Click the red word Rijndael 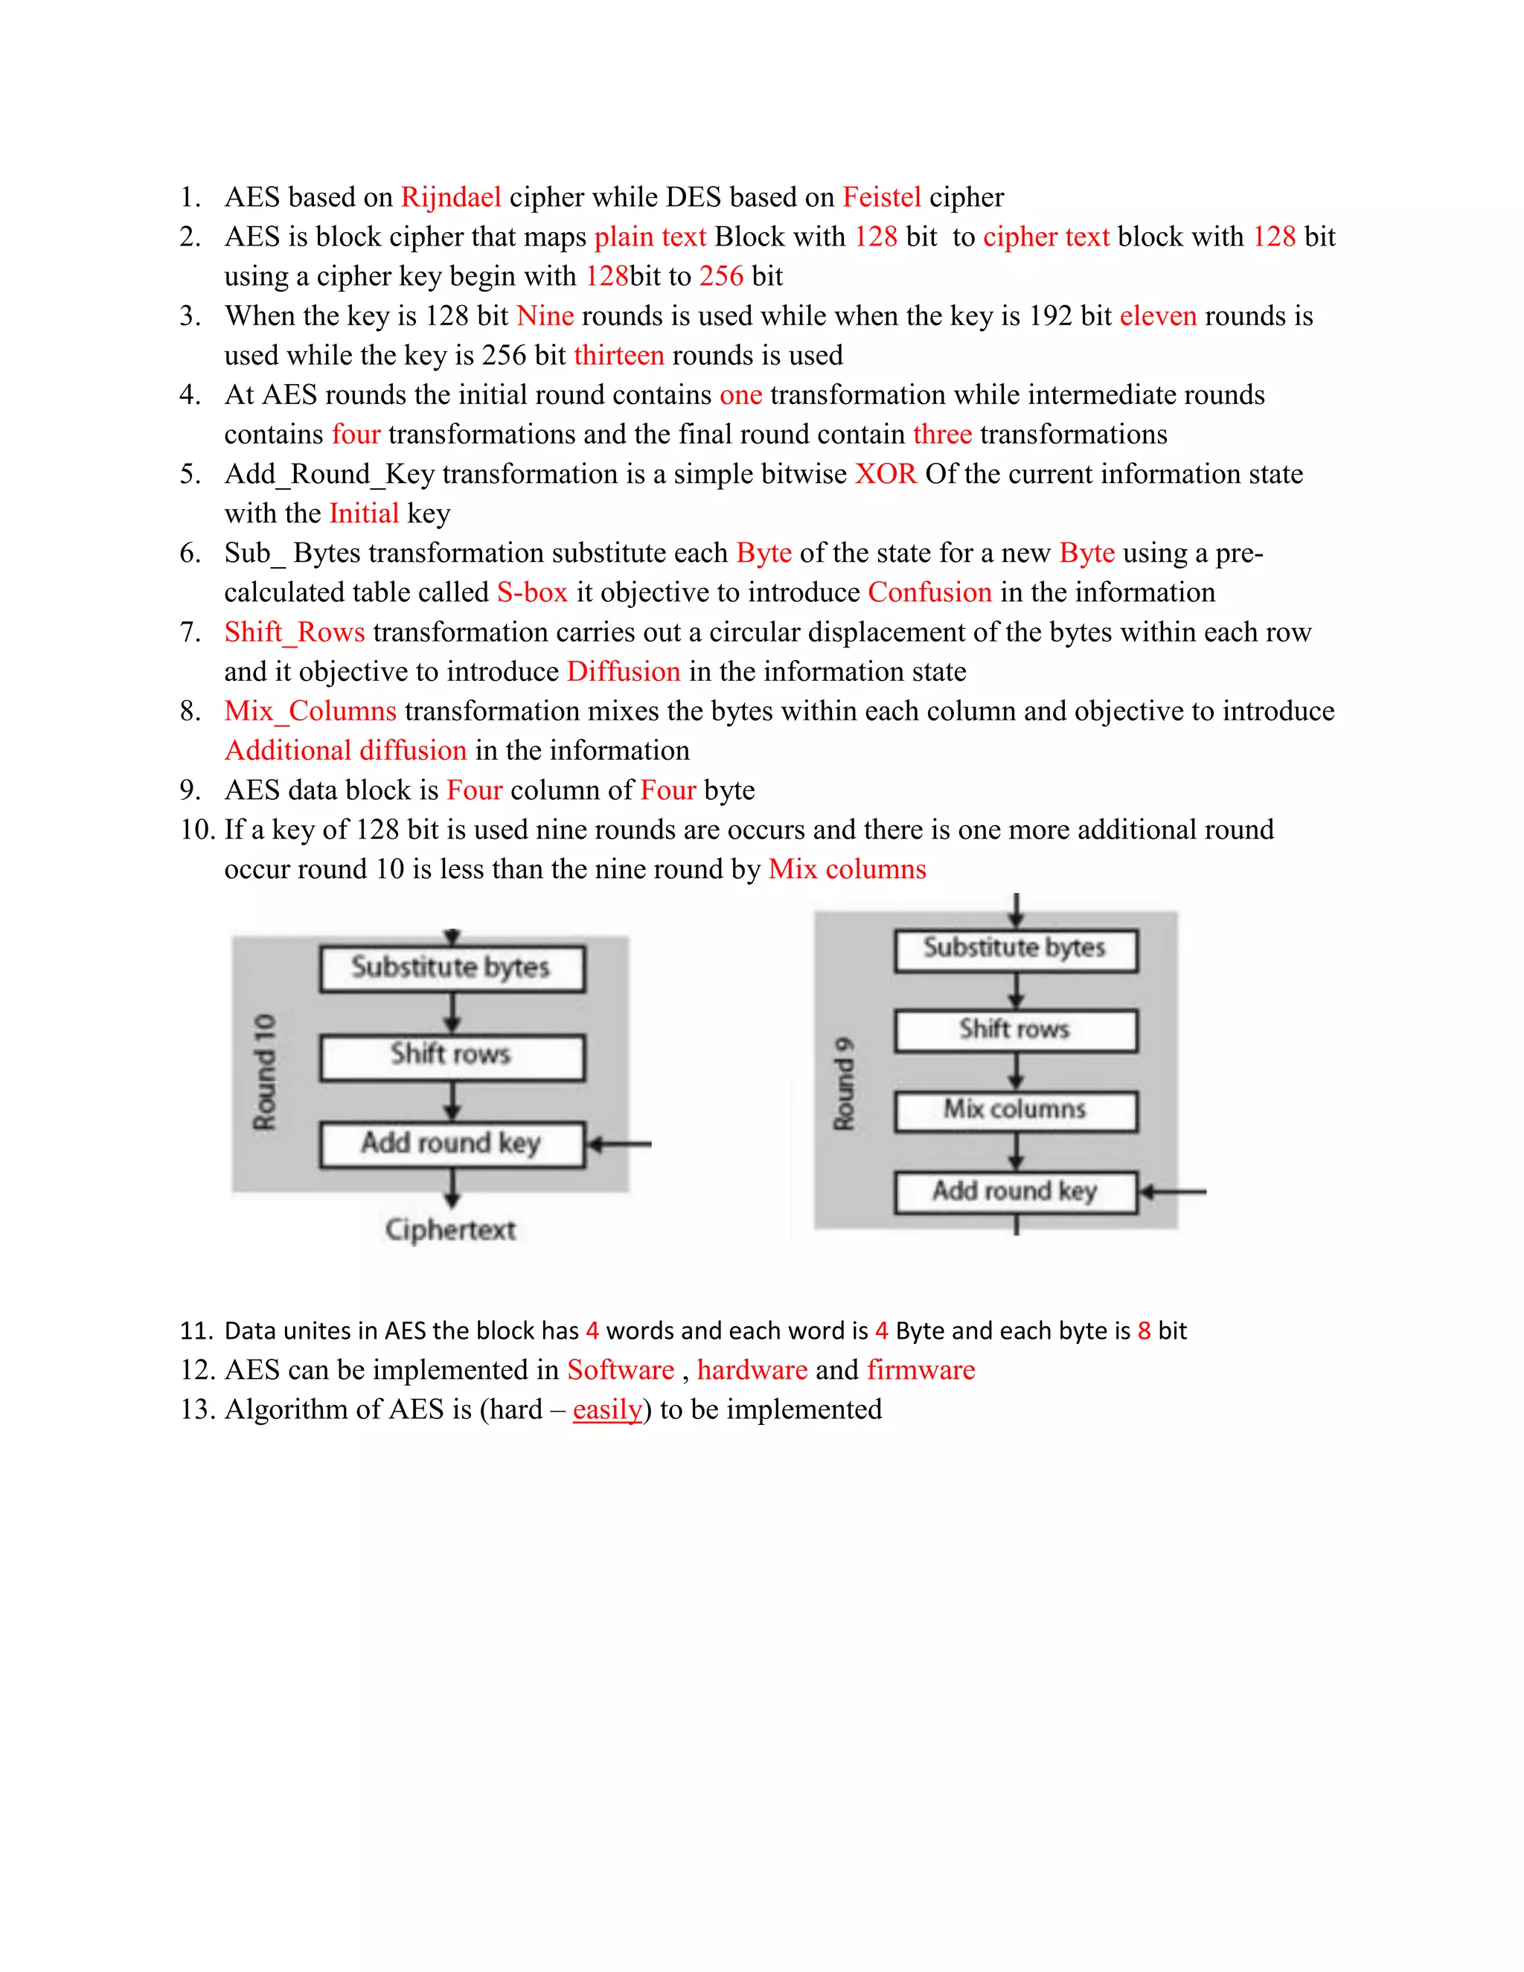[x=450, y=197]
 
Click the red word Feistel [x=881, y=197]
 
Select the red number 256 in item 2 [x=720, y=276]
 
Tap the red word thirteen [x=618, y=355]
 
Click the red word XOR [x=885, y=474]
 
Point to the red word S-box [x=532, y=592]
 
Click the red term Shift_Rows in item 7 [x=295, y=632]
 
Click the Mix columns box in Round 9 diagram [x=1015, y=1110]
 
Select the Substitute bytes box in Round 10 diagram [x=452, y=968]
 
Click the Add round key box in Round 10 [x=452, y=1144]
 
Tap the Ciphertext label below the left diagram [x=449, y=1230]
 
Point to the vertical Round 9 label [x=843, y=1083]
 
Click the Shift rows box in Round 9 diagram [x=1015, y=1029]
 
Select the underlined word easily [x=606, y=1409]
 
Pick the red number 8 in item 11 [x=1143, y=1331]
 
